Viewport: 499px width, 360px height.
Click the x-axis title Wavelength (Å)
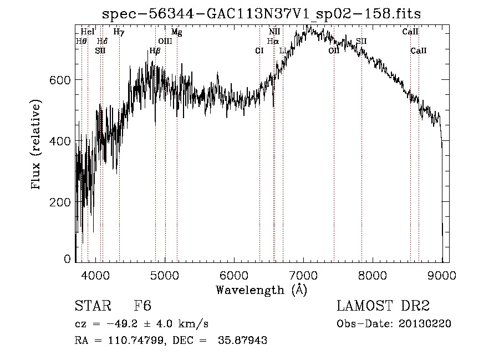(x=261, y=289)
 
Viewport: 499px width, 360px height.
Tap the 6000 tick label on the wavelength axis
(x=233, y=275)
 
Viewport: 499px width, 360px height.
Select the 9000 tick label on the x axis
(x=441, y=275)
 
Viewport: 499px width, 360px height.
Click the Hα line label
(x=273, y=41)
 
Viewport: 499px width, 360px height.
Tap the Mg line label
(x=176, y=32)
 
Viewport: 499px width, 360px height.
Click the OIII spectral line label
(x=165, y=41)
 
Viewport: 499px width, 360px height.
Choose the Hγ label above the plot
(x=119, y=32)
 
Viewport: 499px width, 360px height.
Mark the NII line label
(x=274, y=32)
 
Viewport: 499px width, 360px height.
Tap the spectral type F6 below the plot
(x=142, y=306)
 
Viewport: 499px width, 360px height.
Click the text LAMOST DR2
(x=383, y=306)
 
